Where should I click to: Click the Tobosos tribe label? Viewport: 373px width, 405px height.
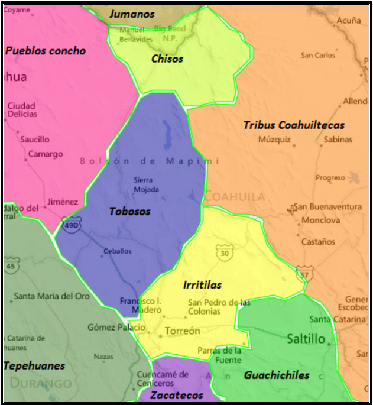pos(129,211)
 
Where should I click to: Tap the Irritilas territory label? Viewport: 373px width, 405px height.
pos(202,285)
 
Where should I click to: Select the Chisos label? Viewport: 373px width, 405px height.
pos(167,59)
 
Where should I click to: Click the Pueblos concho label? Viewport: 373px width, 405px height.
pos(46,50)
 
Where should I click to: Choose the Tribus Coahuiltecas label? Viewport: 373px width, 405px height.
pos(294,125)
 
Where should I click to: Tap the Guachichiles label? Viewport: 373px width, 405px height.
pos(276,375)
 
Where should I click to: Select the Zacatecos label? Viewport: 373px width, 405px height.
pos(176,395)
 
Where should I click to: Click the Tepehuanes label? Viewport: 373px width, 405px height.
pos(34,365)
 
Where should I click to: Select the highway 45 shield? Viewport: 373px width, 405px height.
pos(9,267)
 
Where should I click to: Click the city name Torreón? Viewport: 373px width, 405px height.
pos(182,331)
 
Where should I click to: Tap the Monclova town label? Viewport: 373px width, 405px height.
pos(320,221)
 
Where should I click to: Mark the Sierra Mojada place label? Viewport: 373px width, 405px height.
pos(146,184)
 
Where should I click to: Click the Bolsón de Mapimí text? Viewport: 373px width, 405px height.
pos(149,161)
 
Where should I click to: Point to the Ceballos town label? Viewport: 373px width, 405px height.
pos(117,251)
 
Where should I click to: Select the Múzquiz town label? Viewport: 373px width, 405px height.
pos(275,140)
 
